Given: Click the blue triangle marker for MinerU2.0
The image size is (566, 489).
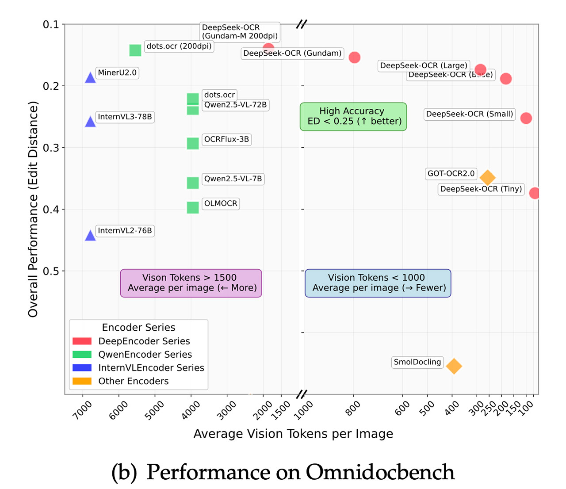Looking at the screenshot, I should (x=90, y=78).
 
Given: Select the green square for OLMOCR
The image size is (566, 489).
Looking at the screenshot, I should (x=193, y=207).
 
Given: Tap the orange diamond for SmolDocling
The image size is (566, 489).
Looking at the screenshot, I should (x=454, y=366).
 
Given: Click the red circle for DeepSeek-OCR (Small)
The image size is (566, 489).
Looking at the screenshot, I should (x=526, y=118).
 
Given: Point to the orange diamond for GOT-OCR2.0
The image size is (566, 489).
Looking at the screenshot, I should (x=487, y=178).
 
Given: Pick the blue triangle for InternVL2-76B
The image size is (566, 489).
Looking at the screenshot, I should (x=90, y=236).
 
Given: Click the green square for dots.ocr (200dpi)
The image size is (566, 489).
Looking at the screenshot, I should (x=135, y=50).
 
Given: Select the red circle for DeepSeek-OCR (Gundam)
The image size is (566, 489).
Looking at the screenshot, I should (x=354, y=57).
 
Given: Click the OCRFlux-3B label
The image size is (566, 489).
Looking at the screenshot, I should (x=226, y=139).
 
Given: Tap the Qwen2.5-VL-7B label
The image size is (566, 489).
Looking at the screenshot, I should (x=233, y=179).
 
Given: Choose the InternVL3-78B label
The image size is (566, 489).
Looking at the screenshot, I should (x=125, y=117).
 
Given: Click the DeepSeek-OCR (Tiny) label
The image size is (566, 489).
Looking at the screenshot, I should (x=481, y=189).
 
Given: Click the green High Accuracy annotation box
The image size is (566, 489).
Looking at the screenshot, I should (x=353, y=116).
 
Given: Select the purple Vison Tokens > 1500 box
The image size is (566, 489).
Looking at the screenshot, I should (x=191, y=283).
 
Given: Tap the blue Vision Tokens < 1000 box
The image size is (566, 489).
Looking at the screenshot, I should (x=378, y=283).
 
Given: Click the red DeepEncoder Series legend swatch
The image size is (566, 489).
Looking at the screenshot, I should (x=82, y=341).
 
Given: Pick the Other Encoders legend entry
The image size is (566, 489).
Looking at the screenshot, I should (x=133, y=381).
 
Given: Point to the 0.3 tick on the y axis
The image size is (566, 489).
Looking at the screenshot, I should (x=50, y=148).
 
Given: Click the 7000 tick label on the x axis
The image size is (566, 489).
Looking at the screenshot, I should (x=83, y=409).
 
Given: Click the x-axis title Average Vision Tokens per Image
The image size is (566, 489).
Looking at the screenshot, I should (x=293, y=434).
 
